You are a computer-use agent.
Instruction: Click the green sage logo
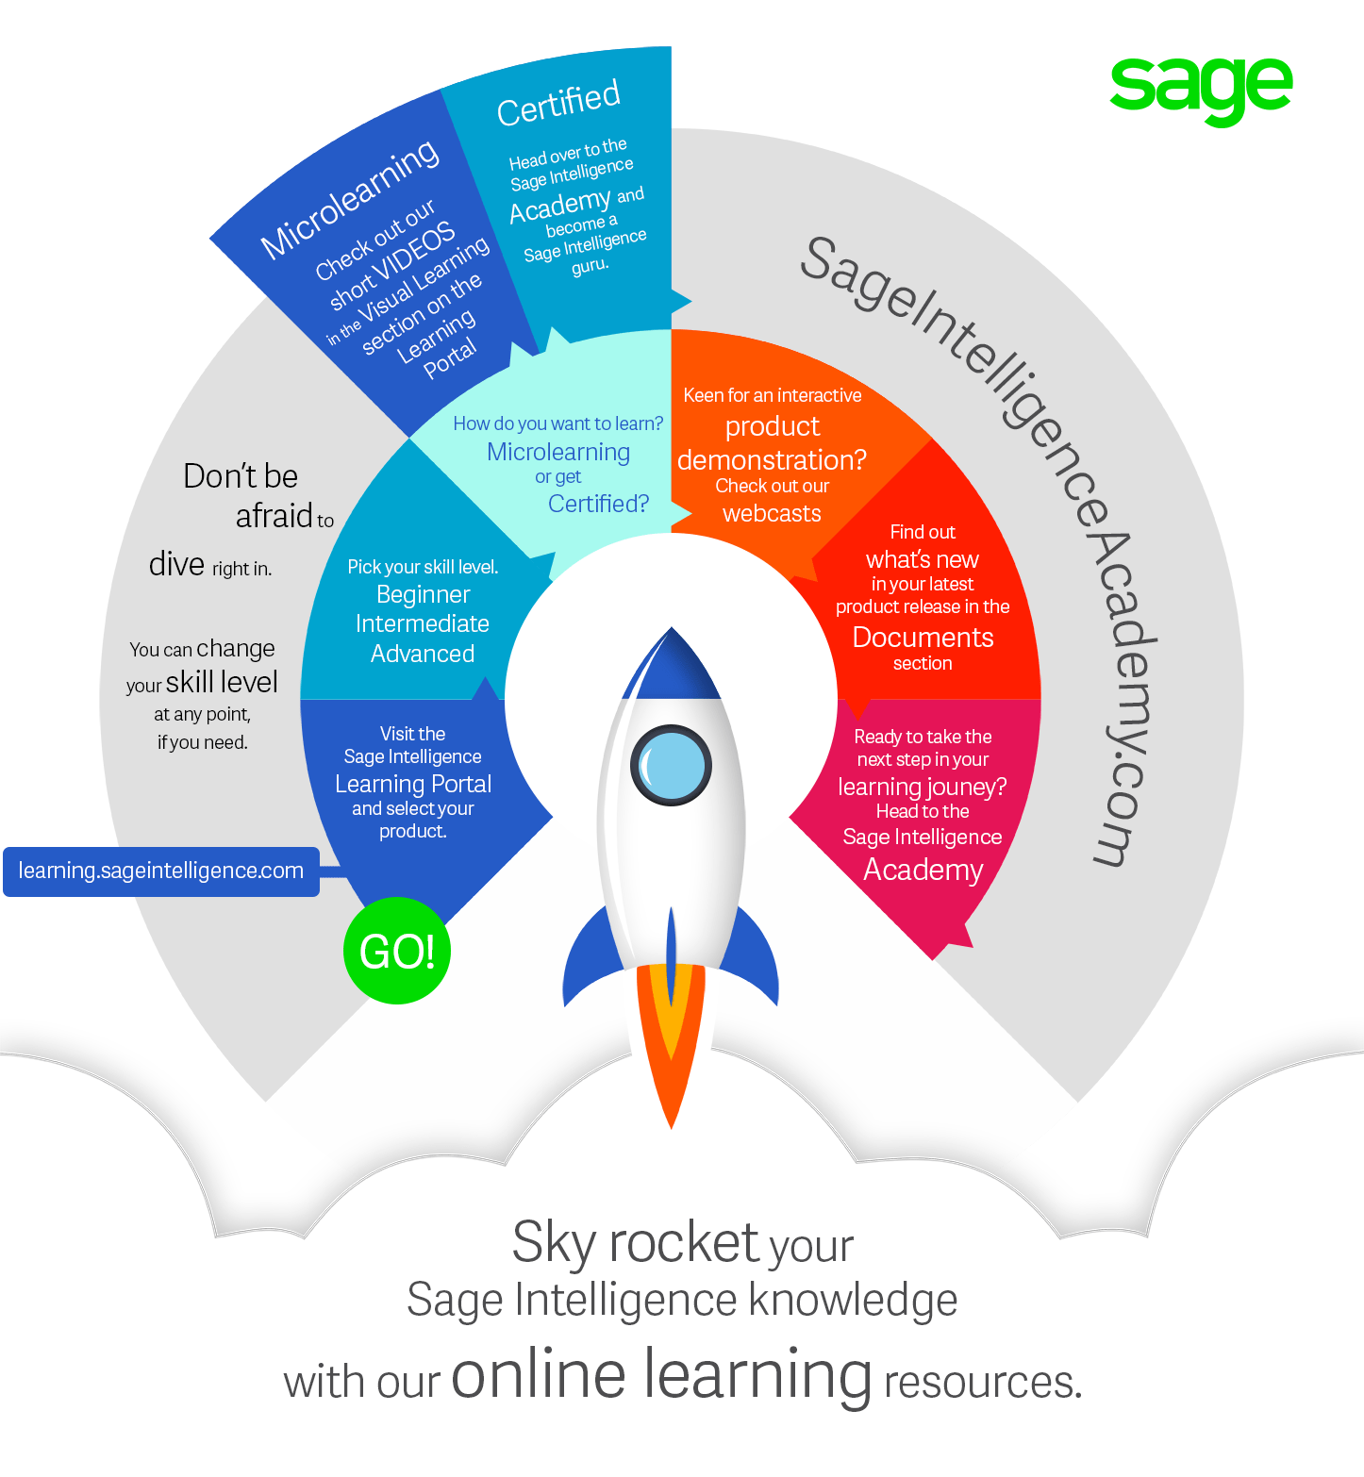tap(1201, 89)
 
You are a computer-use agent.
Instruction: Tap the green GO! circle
tap(397, 951)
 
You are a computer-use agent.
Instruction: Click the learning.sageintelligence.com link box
tap(161, 871)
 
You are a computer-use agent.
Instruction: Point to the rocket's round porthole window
tap(671, 764)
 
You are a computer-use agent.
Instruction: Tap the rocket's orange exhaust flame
tap(671, 1037)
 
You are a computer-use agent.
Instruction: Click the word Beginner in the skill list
tap(423, 594)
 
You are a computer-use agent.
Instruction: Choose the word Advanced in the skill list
tap(423, 654)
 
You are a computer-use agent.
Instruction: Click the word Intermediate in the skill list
tap(423, 623)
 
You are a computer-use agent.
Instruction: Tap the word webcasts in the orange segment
tap(772, 513)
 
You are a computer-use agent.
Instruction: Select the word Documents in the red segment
tap(923, 638)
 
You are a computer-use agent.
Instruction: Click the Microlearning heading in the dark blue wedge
tap(350, 198)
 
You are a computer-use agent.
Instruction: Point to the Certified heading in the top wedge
tap(558, 103)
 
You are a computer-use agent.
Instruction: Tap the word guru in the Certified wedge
tap(591, 266)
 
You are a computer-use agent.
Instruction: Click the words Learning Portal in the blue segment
tap(413, 784)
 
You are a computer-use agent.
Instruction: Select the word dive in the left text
tap(176, 564)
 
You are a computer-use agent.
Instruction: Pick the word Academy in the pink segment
tap(923, 870)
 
